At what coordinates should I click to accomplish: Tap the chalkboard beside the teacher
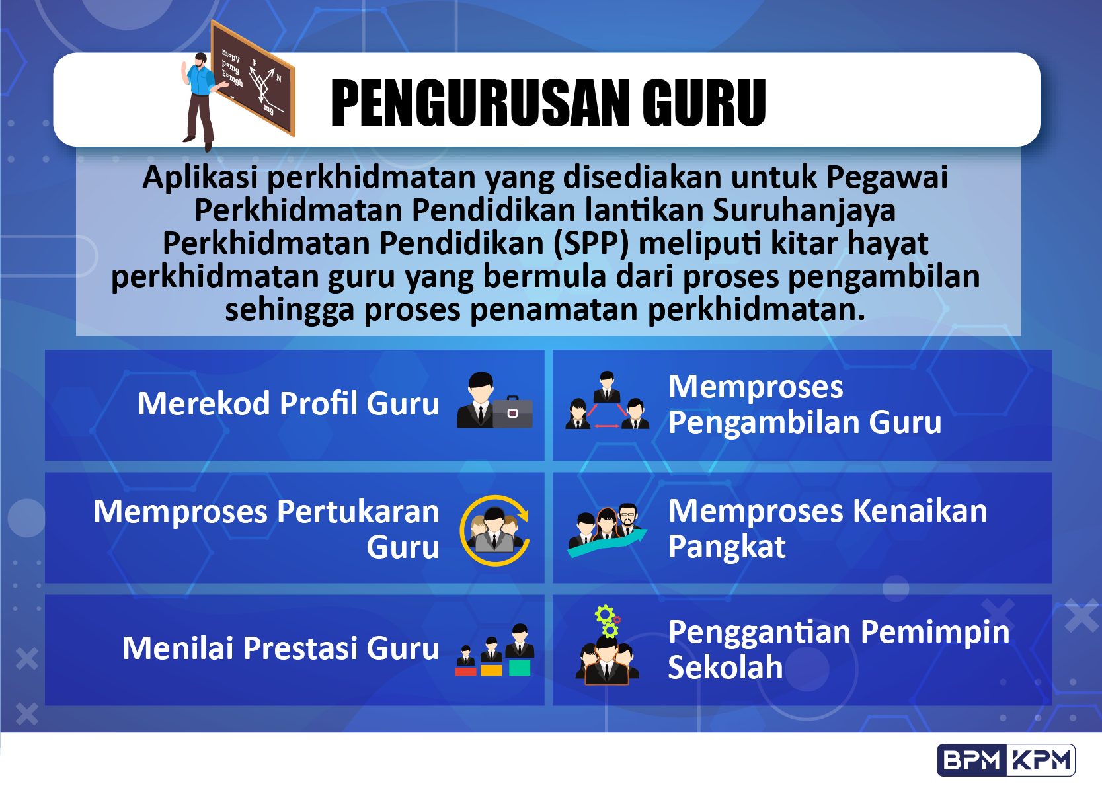pos(253,78)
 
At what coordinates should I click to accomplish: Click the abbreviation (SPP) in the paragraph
pos(591,243)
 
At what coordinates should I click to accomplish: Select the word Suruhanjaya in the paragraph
pos(804,210)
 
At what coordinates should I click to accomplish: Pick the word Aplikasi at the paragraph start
pos(200,178)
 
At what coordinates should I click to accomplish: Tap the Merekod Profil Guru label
pos(288,404)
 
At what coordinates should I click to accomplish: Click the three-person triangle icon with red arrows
pos(607,400)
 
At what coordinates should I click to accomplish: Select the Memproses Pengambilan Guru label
pos(805,405)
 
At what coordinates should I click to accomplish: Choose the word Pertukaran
pos(358,512)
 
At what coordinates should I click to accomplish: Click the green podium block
pos(520,668)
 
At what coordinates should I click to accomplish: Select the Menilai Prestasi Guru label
pos(280,648)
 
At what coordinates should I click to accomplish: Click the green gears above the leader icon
pos(608,621)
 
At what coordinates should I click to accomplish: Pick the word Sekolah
pos(725,668)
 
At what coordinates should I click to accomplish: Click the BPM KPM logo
pos(1006,760)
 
